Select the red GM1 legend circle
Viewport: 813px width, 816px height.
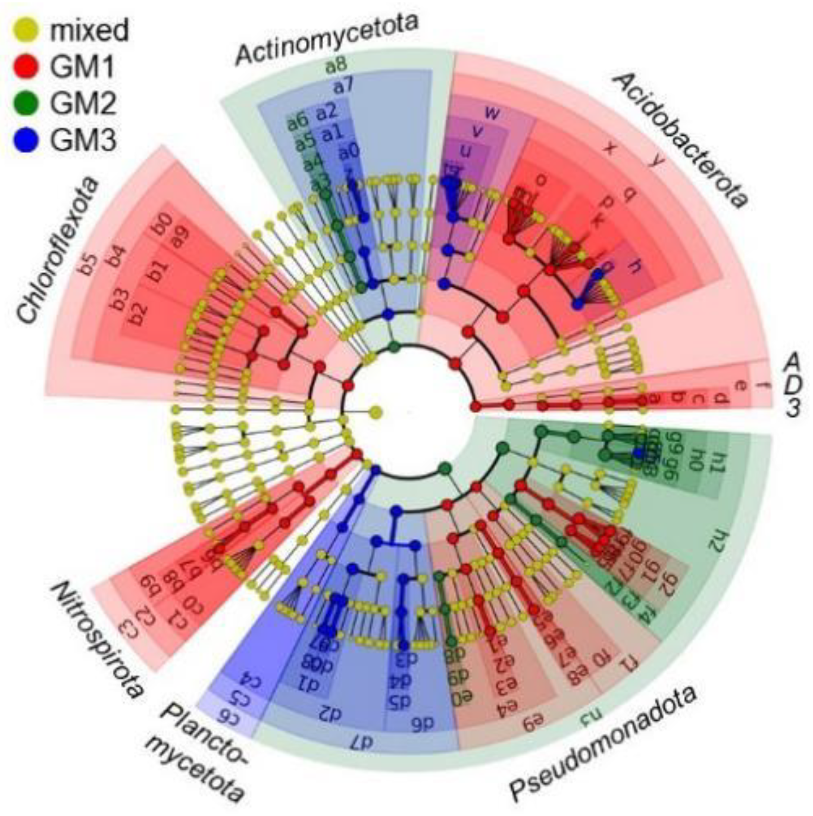[x=25, y=66]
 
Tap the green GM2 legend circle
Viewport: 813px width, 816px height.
[x=25, y=103]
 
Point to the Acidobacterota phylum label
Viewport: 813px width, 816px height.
[x=678, y=140]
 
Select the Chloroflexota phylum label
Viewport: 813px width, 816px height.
[x=57, y=251]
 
